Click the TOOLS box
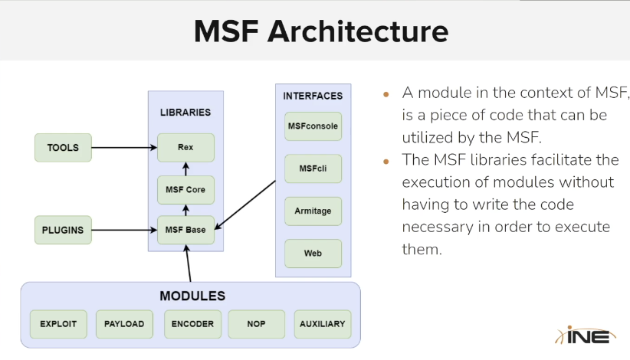tap(63, 147)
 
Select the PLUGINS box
tap(63, 229)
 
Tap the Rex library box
tap(185, 147)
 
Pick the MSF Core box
tap(185, 188)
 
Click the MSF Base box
tap(185, 229)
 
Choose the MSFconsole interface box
tap(313, 126)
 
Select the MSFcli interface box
tap(313, 168)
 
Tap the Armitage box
tap(313, 211)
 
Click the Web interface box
tap(313, 253)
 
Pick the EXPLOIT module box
tap(58, 324)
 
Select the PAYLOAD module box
tap(124, 324)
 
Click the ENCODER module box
tap(192, 324)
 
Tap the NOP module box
tap(257, 324)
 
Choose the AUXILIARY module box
tap(322, 324)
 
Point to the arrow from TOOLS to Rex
tap(123, 147)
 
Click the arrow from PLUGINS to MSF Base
tap(123, 229)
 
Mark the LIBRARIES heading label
tap(185, 112)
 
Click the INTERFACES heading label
tap(313, 96)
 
